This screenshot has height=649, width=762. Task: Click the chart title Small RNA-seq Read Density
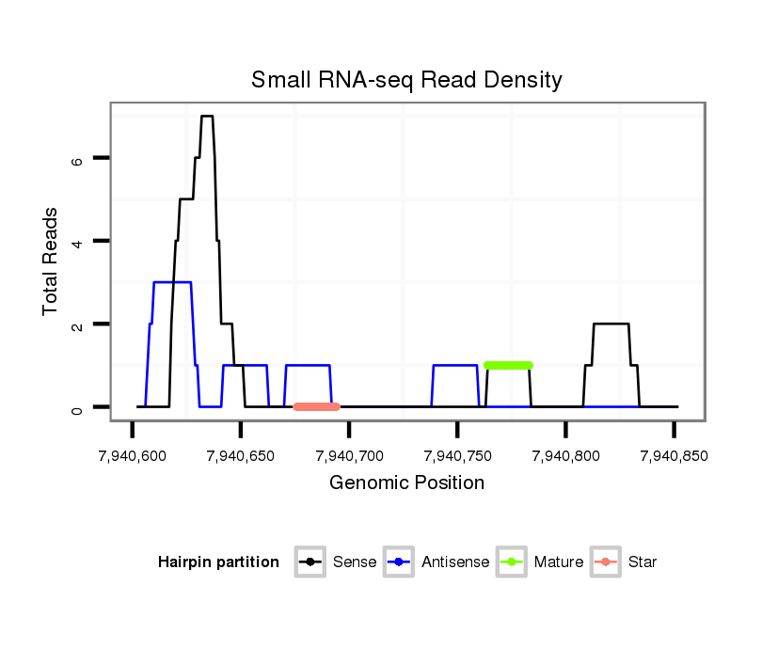pos(406,80)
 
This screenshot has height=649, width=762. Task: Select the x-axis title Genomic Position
pos(406,483)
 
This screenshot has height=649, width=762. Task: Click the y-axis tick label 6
pos(79,159)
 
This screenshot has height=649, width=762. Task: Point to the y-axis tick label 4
pos(79,242)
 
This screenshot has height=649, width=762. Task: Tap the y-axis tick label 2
pos(79,324)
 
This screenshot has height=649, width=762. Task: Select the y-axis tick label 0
pos(79,407)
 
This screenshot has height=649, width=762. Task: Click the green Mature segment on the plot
pos(508,365)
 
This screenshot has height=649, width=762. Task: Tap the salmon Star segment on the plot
pos(316,406)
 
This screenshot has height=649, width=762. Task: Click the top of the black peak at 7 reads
pos(207,117)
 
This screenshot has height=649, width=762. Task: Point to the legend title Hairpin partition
pos(218,562)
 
